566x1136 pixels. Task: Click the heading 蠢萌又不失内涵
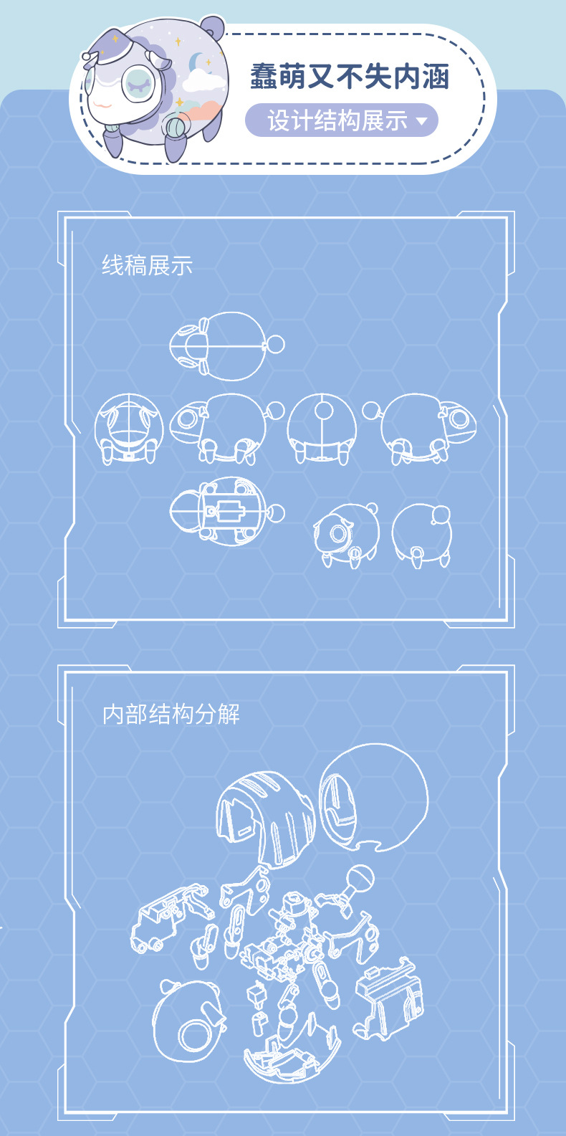pyautogui.click(x=350, y=77)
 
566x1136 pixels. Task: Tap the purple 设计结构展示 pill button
pyautogui.click(x=341, y=120)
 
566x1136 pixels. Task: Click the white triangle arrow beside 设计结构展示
pyautogui.click(x=421, y=121)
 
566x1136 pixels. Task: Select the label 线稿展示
pyautogui.click(x=147, y=265)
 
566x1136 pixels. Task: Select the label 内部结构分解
pyautogui.click(x=171, y=714)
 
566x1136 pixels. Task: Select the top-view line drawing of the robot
pyautogui.click(x=226, y=346)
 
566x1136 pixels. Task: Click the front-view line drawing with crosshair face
pyautogui.click(x=129, y=429)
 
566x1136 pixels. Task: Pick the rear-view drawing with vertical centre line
pyautogui.click(x=322, y=429)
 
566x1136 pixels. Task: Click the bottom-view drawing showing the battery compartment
pyautogui.click(x=226, y=511)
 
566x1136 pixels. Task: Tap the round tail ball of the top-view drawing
pyautogui.click(x=276, y=344)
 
